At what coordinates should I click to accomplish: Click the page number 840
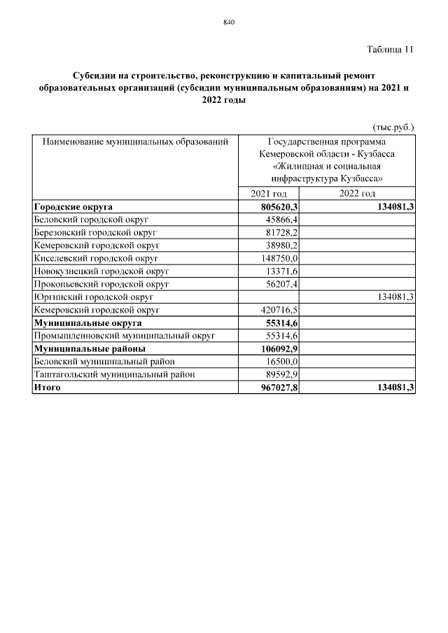pos(228,22)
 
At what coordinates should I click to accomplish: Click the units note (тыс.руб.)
pos(393,127)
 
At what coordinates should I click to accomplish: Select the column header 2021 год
pos(269,194)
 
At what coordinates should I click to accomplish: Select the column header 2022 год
pos(357,194)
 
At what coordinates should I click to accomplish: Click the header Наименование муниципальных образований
pos(136,142)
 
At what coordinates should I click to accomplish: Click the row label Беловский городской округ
pos(91,220)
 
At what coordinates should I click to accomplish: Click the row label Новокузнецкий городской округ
pos(101,271)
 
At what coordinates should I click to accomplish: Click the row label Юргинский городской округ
pos(93,297)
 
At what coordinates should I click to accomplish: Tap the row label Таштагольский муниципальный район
pos(114,374)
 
